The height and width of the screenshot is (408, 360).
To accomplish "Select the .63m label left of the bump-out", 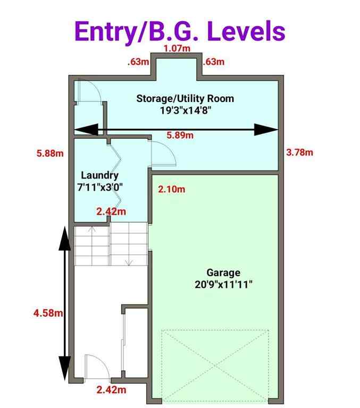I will pyautogui.click(x=138, y=62).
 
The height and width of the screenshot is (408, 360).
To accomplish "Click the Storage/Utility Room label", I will pyautogui.click(x=185, y=99).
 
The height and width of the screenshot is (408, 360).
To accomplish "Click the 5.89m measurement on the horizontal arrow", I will pyautogui.click(x=180, y=135).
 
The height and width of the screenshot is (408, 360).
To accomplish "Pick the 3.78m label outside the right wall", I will pyautogui.click(x=299, y=152).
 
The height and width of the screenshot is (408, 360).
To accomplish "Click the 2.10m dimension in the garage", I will pyautogui.click(x=172, y=189).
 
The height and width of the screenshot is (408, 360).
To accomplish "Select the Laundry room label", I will pyautogui.click(x=99, y=175).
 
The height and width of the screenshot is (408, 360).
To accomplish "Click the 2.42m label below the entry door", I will pyautogui.click(x=112, y=390).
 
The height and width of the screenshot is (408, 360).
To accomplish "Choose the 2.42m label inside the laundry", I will pyautogui.click(x=112, y=211).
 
